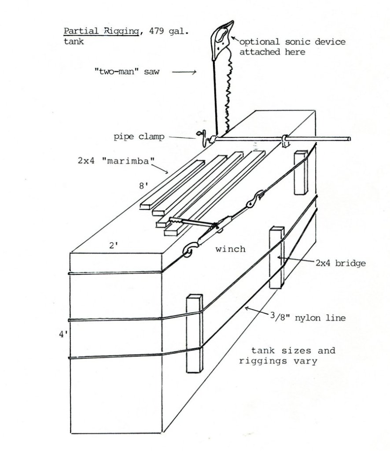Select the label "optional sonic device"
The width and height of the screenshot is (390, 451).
pyautogui.click(x=292, y=42)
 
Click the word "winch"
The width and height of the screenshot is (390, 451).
pyautogui.click(x=230, y=249)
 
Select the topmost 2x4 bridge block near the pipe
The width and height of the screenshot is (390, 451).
pyautogui.click(x=301, y=172)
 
